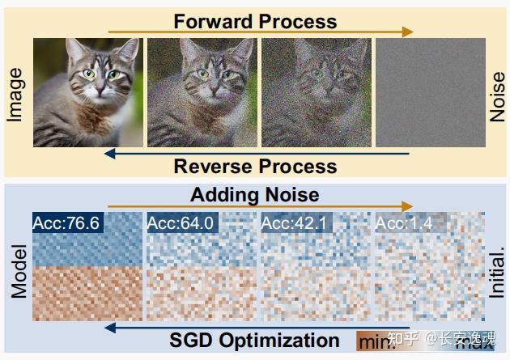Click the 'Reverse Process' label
coord(255,167)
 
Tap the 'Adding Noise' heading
coord(255,195)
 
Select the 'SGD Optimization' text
coord(255,341)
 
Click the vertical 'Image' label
coord(15,95)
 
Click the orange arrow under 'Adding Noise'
coord(259,208)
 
